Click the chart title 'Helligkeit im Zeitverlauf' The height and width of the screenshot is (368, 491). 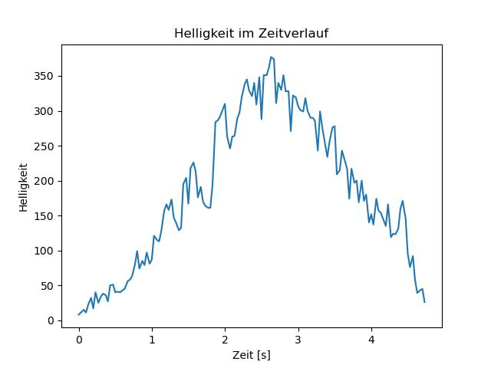pyautogui.click(x=251, y=33)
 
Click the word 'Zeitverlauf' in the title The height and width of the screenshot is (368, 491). pyautogui.click(x=292, y=33)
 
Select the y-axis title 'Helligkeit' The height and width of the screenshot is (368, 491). pyautogui.click(x=24, y=188)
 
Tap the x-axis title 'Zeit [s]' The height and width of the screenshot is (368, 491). pyautogui.click(x=252, y=355)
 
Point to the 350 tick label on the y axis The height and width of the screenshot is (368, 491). pyautogui.click(x=44, y=77)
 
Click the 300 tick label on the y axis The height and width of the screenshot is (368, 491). pyautogui.click(x=44, y=111)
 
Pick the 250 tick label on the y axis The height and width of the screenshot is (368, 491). pyautogui.click(x=44, y=146)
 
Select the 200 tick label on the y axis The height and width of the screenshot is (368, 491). pyautogui.click(x=44, y=181)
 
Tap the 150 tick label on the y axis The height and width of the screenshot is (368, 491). pyautogui.click(x=44, y=216)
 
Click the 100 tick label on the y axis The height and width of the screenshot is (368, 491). pyautogui.click(x=44, y=251)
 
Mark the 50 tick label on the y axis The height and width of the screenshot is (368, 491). pyautogui.click(x=48, y=286)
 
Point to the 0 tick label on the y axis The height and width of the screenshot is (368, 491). pyautogui.click(x=51, y=320)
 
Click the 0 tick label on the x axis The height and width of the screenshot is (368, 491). pyautogui.click(x=79, y=340)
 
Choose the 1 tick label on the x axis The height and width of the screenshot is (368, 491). pyautogui.click(x=152, y=340)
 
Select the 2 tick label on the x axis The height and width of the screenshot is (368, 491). pyautogui.click(x=225, y=340)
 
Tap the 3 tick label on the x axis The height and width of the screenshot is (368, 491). pyautogui.click(x=298, y=340)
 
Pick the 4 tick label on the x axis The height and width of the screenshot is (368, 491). pyautogui.click(x=371, y=340)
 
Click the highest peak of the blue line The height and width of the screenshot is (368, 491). pyautogui.click(x=271, y=58)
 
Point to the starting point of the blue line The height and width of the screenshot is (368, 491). pyautogui.click(x=78, y=315)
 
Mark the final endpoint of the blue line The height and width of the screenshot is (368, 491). pyautogui.click(x=424, y=302)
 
